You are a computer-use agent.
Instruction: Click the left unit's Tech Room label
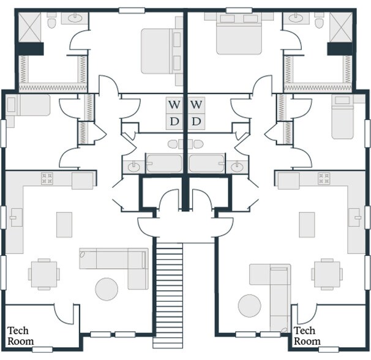(x=20, y=336)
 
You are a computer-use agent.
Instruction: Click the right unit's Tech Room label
(x=307, y=336)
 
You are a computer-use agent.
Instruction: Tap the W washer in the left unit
(x=174, y=105)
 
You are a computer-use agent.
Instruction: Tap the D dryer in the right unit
(x=197, y=122)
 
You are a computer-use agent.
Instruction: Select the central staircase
(x=169, y=295)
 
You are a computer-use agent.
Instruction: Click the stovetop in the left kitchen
(x=47, y=178)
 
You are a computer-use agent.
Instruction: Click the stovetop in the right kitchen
(x=324, y=178)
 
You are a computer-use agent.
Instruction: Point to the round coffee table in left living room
(x=107, y=289)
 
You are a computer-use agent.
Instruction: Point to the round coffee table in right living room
(x=250, y=306)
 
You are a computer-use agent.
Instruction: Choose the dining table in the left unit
(x=44, y=274)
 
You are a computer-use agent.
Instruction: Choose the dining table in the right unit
(x=327, y=274)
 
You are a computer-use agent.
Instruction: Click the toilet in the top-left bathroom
(x=51, y=21)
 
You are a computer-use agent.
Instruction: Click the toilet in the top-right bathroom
(x=320, y=21)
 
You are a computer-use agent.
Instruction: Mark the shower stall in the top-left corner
(x=30, y=28)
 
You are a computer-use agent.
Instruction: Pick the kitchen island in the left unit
(x=64, y=225)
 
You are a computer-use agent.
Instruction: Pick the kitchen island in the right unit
(x=307, y=225)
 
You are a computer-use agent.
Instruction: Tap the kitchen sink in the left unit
(x=17, y=217)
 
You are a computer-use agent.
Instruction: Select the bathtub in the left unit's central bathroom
(x=164, y=163)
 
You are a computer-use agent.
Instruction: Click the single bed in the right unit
(x=343, y=117)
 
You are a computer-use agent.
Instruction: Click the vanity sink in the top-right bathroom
(x=296, y=18)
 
